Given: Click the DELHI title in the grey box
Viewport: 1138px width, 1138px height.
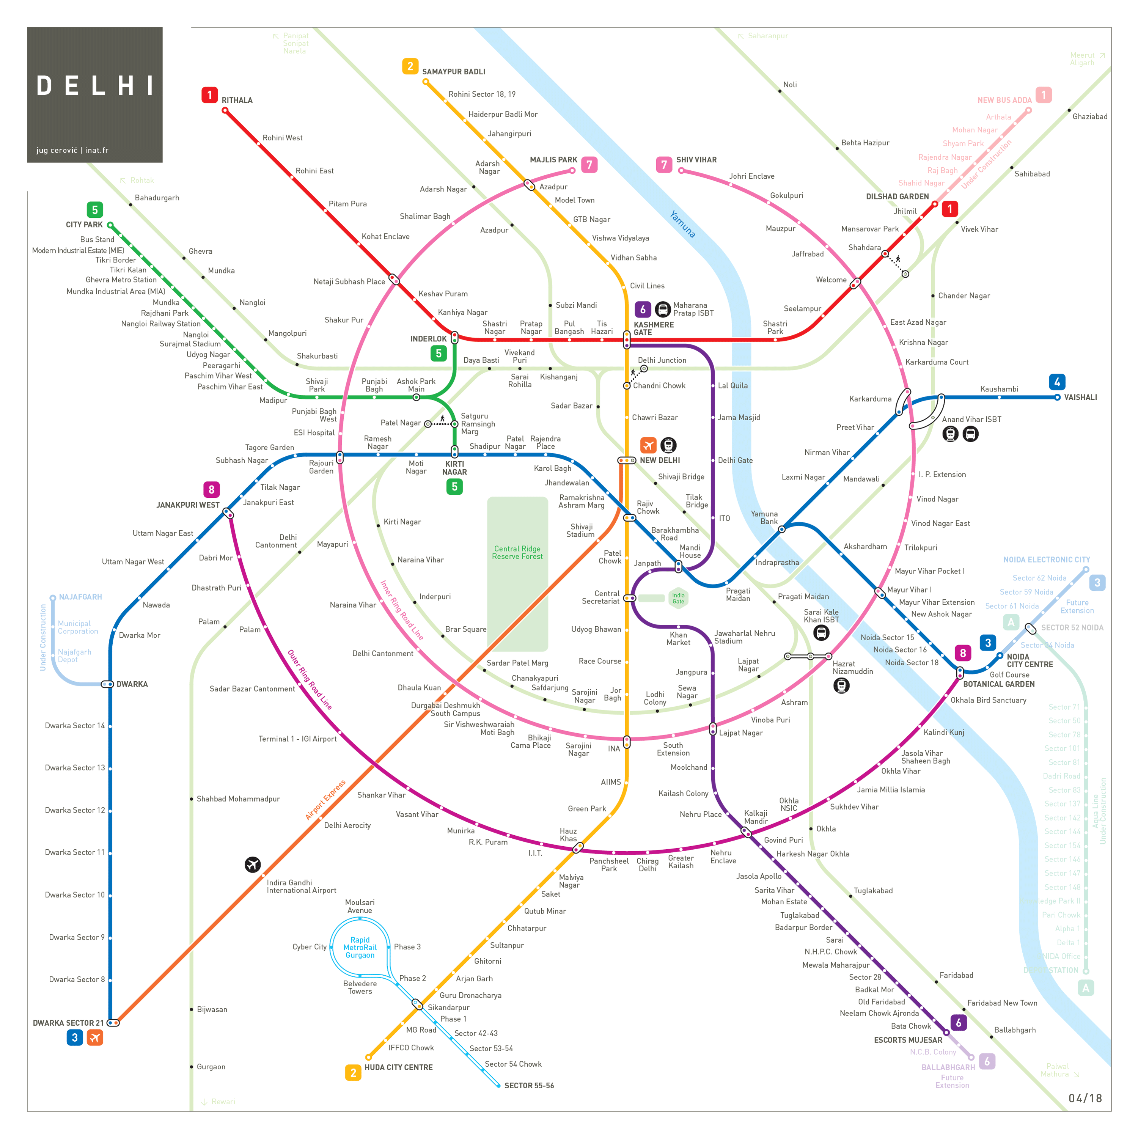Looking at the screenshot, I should (x=95, y=86).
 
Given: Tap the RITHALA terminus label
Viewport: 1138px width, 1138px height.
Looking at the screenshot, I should (x=237, y=100).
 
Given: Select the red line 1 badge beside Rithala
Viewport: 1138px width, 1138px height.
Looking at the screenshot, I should (x=209, y=95).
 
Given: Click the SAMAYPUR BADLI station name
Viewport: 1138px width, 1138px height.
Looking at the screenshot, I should (x=454, y=72).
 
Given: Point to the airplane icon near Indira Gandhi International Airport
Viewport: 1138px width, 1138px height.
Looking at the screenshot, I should (x=253, y=864).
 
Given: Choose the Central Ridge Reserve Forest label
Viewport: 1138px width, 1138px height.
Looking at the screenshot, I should (x=517, y=553).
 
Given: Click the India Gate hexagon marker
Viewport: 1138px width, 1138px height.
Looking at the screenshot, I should (x=678, y=598).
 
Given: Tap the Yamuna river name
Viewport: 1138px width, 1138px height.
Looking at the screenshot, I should (x=683, y=224).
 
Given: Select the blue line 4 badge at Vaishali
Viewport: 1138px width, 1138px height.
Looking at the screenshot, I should (x=1057, y=382).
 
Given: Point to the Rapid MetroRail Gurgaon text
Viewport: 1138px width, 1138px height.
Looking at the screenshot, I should (x=360, y=948).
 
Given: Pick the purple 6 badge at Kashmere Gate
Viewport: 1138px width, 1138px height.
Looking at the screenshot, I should (x=643, y=309).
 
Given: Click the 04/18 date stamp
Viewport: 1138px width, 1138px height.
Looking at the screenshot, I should (x=1085, y=1098).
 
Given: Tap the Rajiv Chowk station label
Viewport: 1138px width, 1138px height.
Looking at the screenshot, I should (x=648, y=507).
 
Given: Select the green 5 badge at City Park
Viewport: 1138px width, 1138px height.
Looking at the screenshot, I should (x=95, y=210).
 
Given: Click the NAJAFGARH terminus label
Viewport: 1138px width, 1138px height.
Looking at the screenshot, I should (x=80, y=597).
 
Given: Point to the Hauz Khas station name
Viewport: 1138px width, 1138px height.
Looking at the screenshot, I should (x=568, y=835).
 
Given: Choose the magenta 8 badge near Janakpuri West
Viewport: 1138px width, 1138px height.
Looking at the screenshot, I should (x=211, y=489).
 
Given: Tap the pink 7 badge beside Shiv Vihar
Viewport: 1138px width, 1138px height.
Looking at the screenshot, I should (x=664, y=165).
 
